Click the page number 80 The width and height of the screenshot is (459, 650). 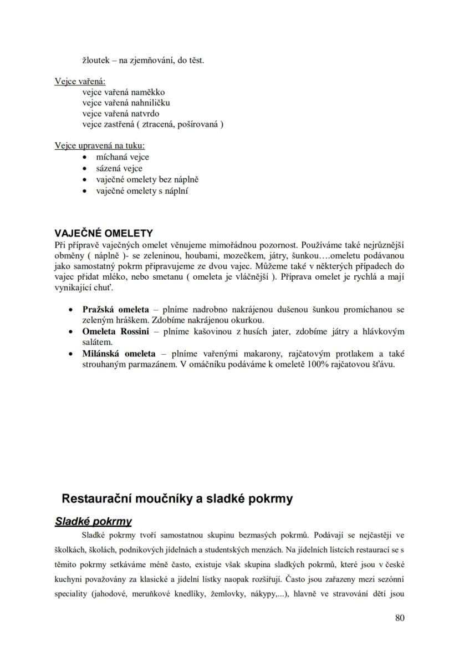399,617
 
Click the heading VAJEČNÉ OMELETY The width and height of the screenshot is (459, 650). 103,233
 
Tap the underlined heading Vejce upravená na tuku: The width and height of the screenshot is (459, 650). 99,146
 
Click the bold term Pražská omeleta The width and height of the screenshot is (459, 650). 115,309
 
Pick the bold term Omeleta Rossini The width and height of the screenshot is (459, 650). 115,331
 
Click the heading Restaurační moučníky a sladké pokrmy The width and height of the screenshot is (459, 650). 177,498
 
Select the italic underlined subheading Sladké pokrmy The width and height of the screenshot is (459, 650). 93,521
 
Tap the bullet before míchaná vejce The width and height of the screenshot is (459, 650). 84,157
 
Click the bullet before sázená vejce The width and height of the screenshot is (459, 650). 84,168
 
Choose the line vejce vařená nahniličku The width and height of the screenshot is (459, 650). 126,103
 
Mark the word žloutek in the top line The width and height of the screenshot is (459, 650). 95,60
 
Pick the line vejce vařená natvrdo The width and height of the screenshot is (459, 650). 120,114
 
